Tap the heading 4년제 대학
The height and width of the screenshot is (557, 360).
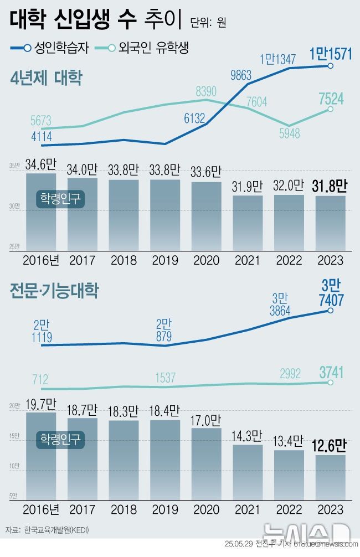[47, 79]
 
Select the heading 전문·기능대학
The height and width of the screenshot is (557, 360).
[54, 291]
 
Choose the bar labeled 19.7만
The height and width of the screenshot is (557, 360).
[41, 454]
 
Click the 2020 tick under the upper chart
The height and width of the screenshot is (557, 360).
[206, 260]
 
